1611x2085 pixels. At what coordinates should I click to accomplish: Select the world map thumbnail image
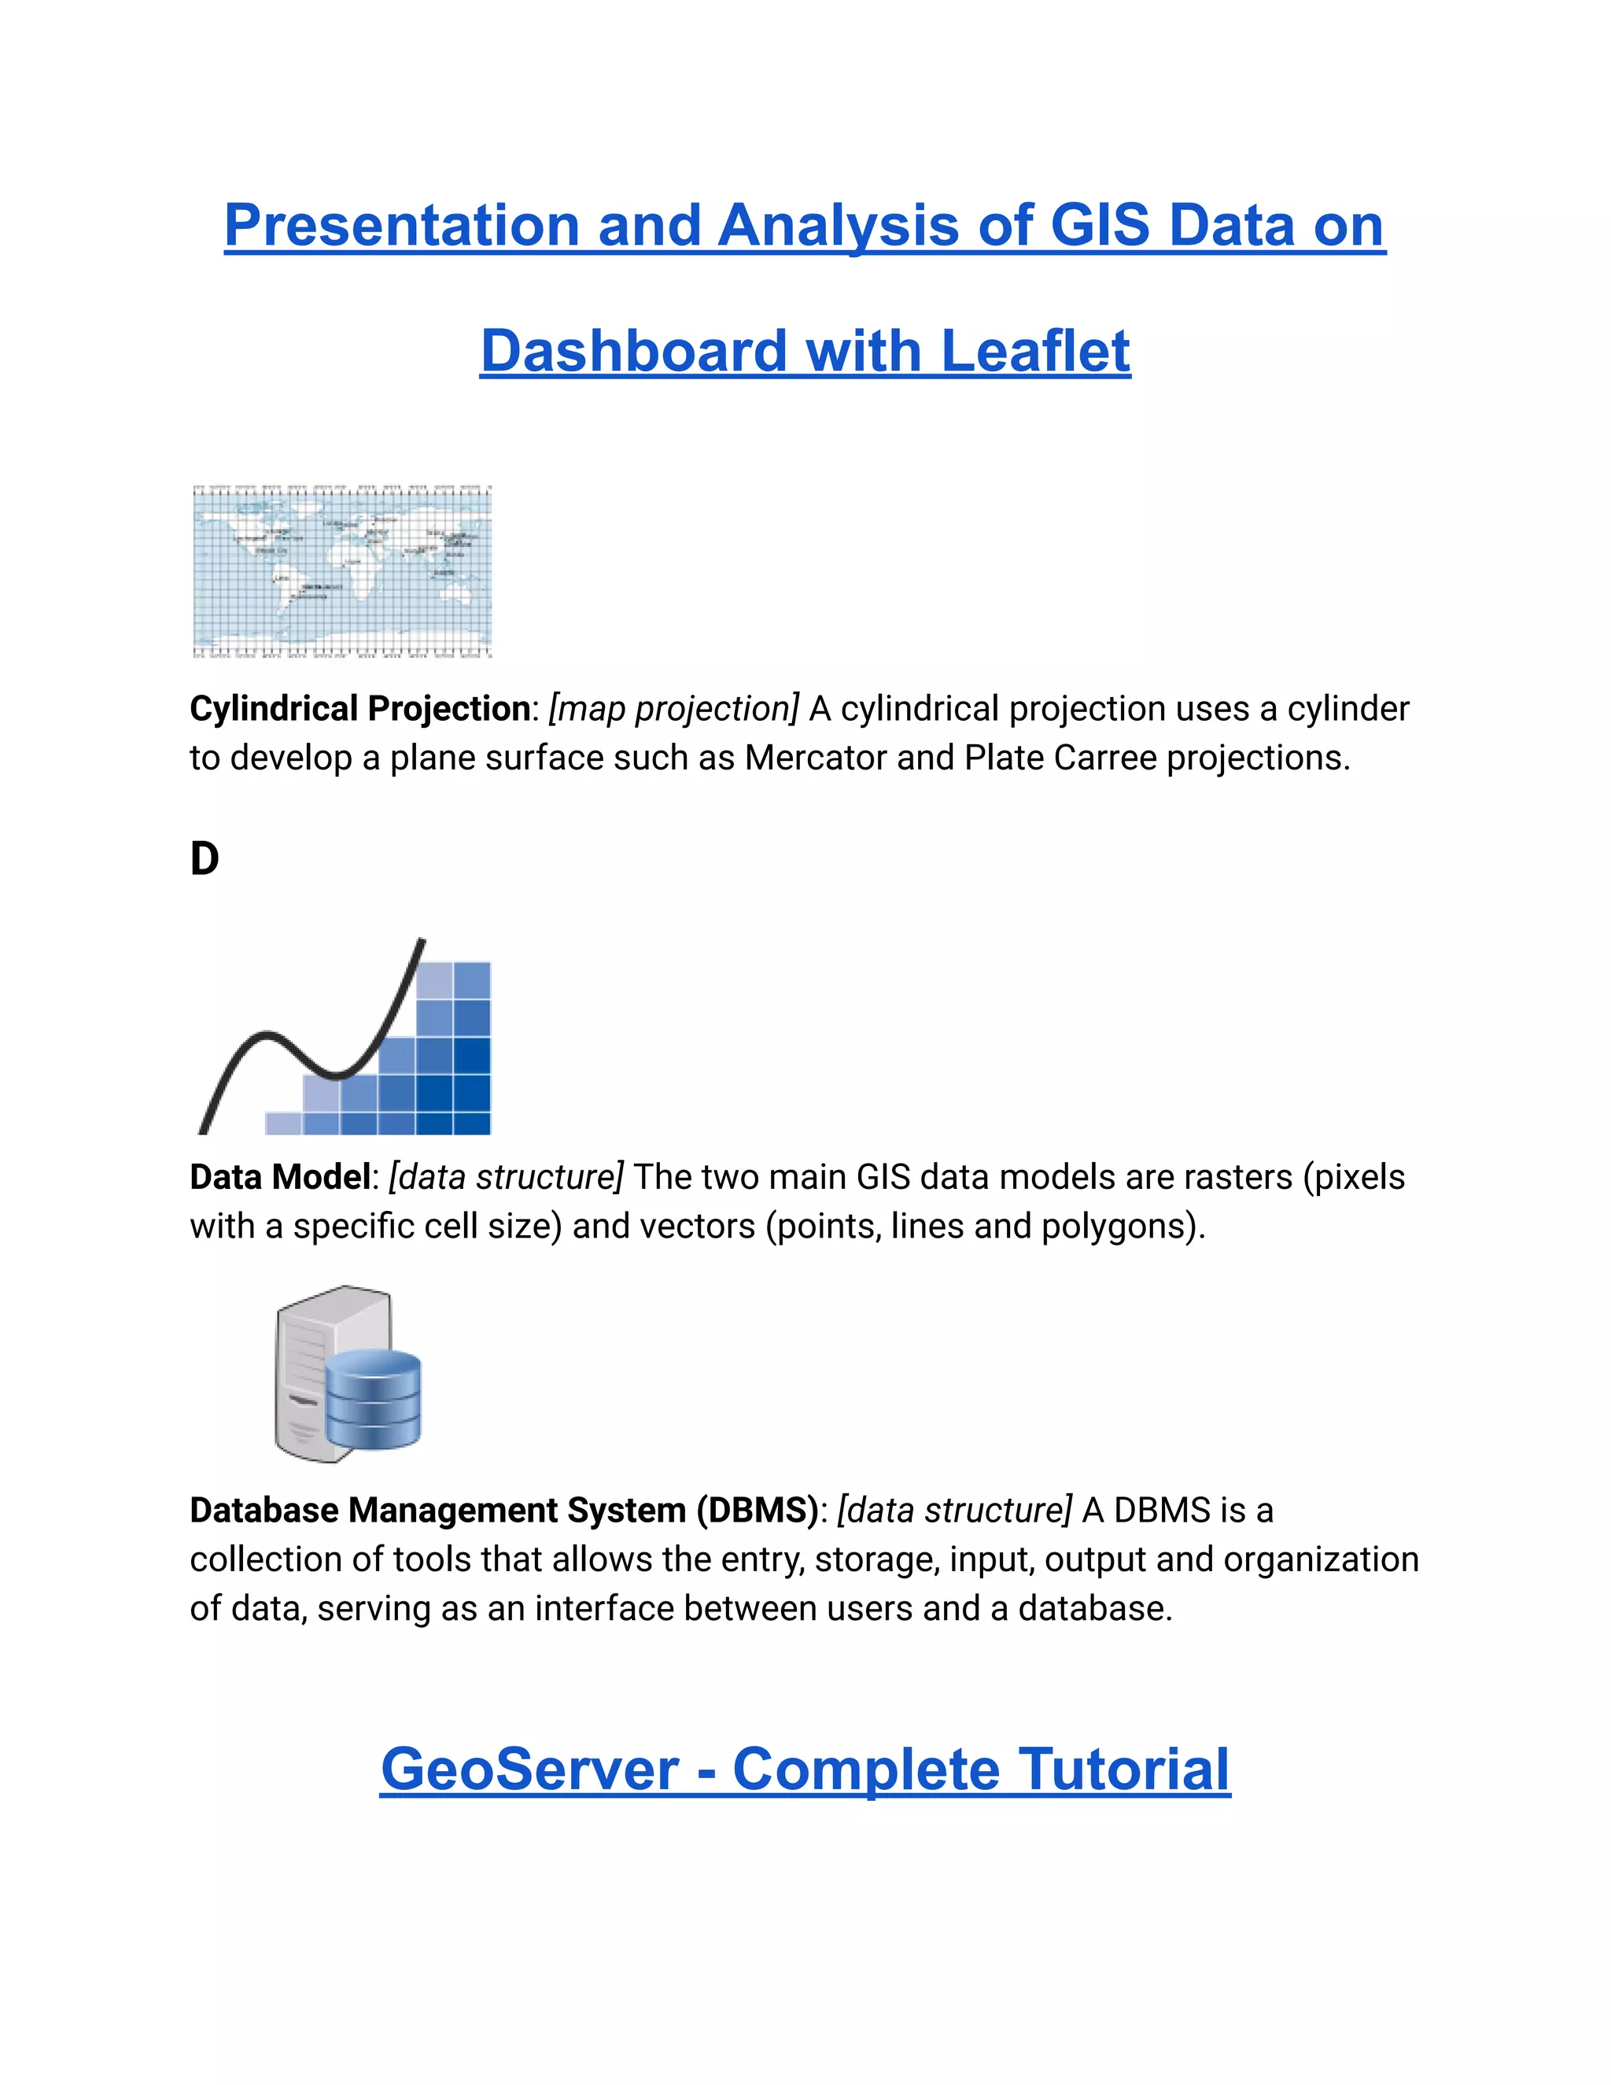(x=341, y=571)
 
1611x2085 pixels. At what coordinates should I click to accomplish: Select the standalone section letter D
(x=205, y=858)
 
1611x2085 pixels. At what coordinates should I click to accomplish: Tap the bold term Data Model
(x=279, y=1177)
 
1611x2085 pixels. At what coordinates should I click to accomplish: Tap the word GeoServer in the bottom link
(x=529, y=1769)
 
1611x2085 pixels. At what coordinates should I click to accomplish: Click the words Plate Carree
(x=1060, y=758)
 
